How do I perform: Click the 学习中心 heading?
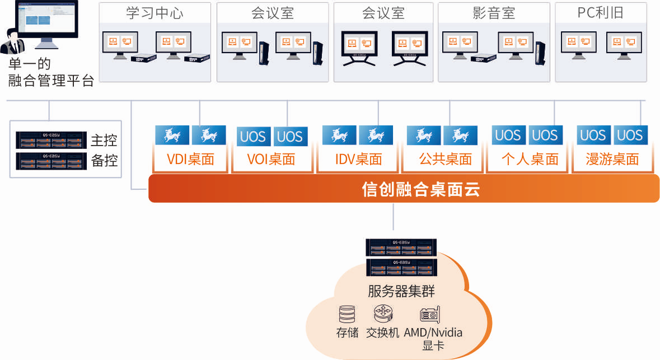[x=155, y=13]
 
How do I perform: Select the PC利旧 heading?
[x=600, y=13]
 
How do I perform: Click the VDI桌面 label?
[x=190, y=160]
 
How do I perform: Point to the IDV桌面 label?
[x=358, y=160]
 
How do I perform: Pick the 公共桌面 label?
[x=445, y=160]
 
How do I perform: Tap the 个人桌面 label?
[x=530, y=160]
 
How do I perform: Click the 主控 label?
[x=104, y=139]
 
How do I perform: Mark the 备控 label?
[x=104, y=160]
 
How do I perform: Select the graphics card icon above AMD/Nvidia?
[x=430, y=314]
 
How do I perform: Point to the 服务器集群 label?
[x=401, y=291]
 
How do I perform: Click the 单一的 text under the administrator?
[x=29, y=64]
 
